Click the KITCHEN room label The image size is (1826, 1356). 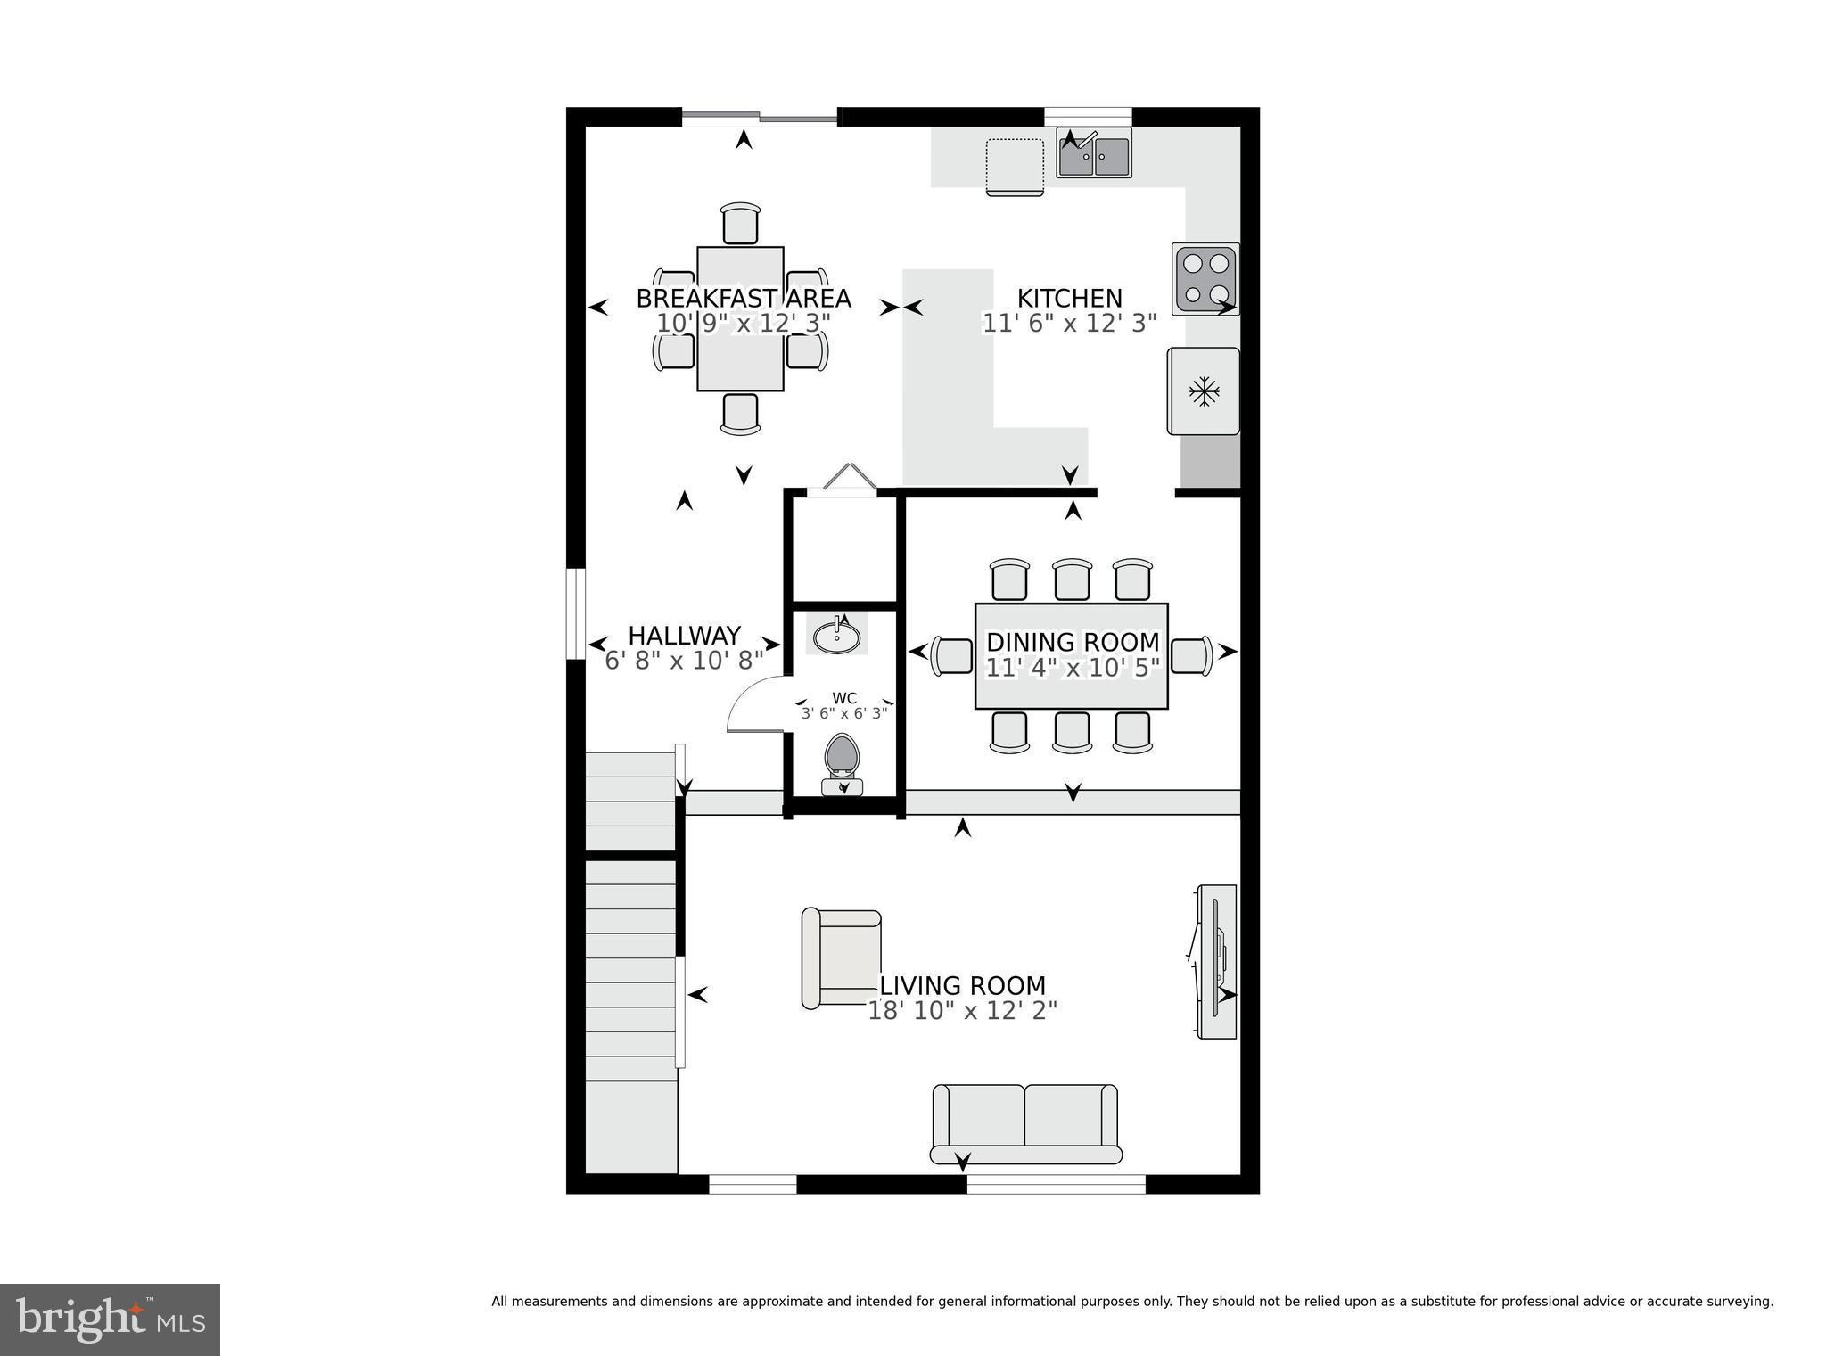click(1069, 299)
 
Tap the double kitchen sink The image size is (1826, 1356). click(1094, 153)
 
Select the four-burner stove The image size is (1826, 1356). click(1205, 279)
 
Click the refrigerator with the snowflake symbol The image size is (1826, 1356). click(1204, 391)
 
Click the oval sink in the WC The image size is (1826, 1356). click(836, 637)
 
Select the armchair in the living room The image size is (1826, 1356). click(843, 959)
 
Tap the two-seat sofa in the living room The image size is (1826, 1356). click(1025, 1123)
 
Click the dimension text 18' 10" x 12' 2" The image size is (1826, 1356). click(962, 1011)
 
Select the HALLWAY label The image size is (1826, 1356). click(684, 636)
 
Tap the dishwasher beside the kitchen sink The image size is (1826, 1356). click(1015, 166)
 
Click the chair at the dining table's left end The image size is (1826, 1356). click(951, 656)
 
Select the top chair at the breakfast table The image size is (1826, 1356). click(741, 223)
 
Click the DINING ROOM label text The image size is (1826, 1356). click(1073, 642)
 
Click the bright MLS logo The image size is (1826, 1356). click(110, 1319)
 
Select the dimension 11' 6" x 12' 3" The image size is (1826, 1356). click(1069, 324)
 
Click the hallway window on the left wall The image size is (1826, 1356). click(577, 615)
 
